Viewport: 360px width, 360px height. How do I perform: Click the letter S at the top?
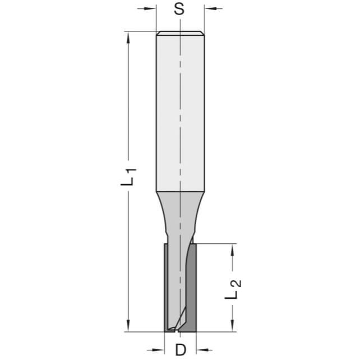pyautogui.click(x=179, y=9)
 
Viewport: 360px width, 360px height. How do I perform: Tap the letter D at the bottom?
pyautogui.click(x=180, y=350)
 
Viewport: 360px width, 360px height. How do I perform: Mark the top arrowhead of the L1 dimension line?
pyautogui.click(x=129, y=35)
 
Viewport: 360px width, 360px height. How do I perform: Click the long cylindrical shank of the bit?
pyautogui.click(x=180, y=112)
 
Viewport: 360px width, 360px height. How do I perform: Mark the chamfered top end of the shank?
pyautogui.click(x=180, y=33)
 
